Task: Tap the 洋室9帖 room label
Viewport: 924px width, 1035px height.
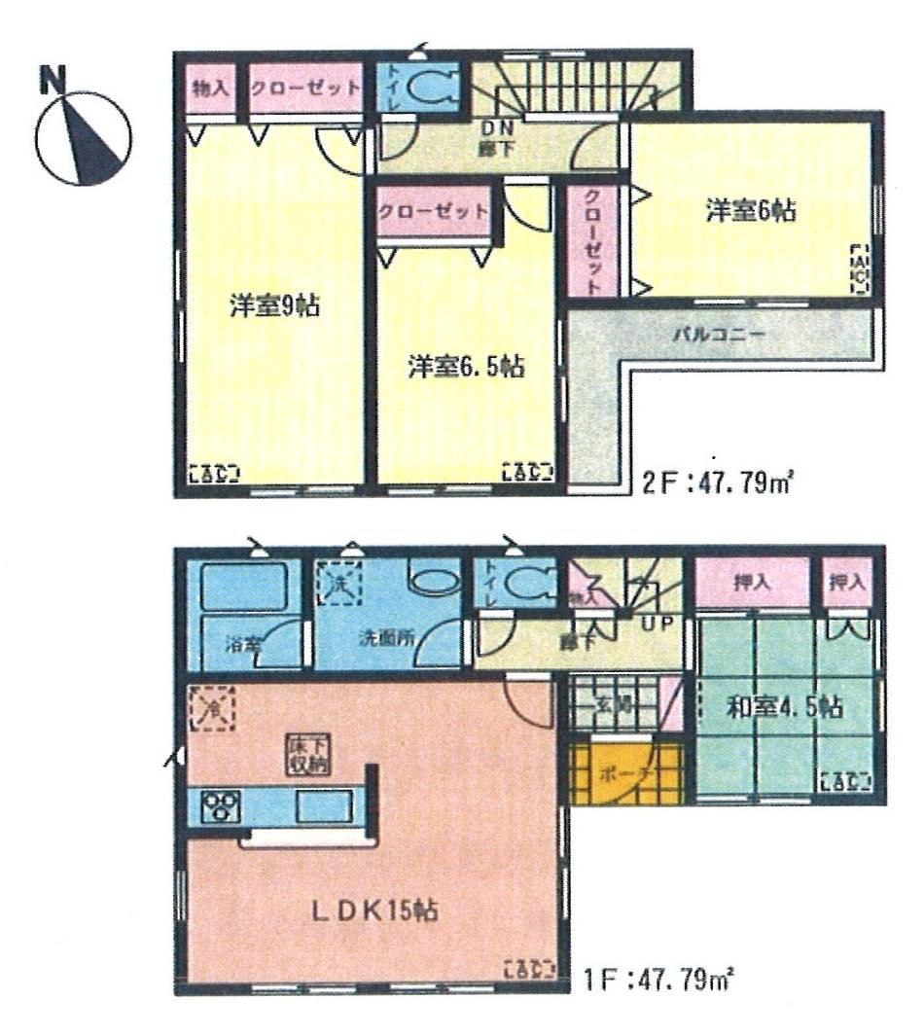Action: pyautogui.click(x=263, y=305)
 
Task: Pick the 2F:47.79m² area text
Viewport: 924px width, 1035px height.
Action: pyautogui.click(x=712, y=482)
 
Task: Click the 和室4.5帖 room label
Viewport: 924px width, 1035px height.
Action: pyautogui.click(x=784, y=706)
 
